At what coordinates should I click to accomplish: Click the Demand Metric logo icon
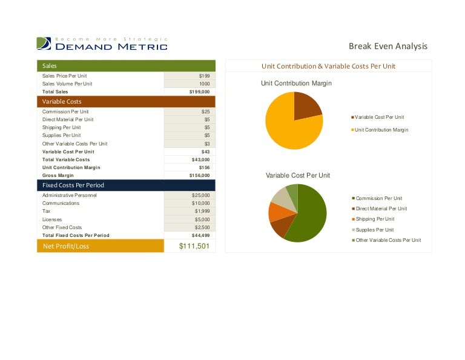[43, 44]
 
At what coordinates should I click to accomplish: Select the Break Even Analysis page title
[388, 46]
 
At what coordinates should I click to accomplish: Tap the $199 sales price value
[204, 76]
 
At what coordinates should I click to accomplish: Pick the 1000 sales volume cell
[204, 84]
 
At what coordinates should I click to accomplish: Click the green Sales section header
[126, 65]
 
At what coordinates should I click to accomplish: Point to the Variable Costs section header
[126, 102]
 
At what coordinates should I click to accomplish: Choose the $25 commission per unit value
[205, 112]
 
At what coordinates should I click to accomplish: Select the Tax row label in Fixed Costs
[46, 211]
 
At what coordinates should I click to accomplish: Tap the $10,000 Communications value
[202, 203]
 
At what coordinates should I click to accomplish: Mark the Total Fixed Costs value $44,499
[200, 235]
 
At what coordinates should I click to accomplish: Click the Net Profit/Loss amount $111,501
[194, 245]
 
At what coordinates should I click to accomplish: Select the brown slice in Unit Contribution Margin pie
[306, 107]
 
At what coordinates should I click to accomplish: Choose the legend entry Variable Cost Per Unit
[379, 117]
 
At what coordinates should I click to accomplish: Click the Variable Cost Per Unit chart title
[298, 175]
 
